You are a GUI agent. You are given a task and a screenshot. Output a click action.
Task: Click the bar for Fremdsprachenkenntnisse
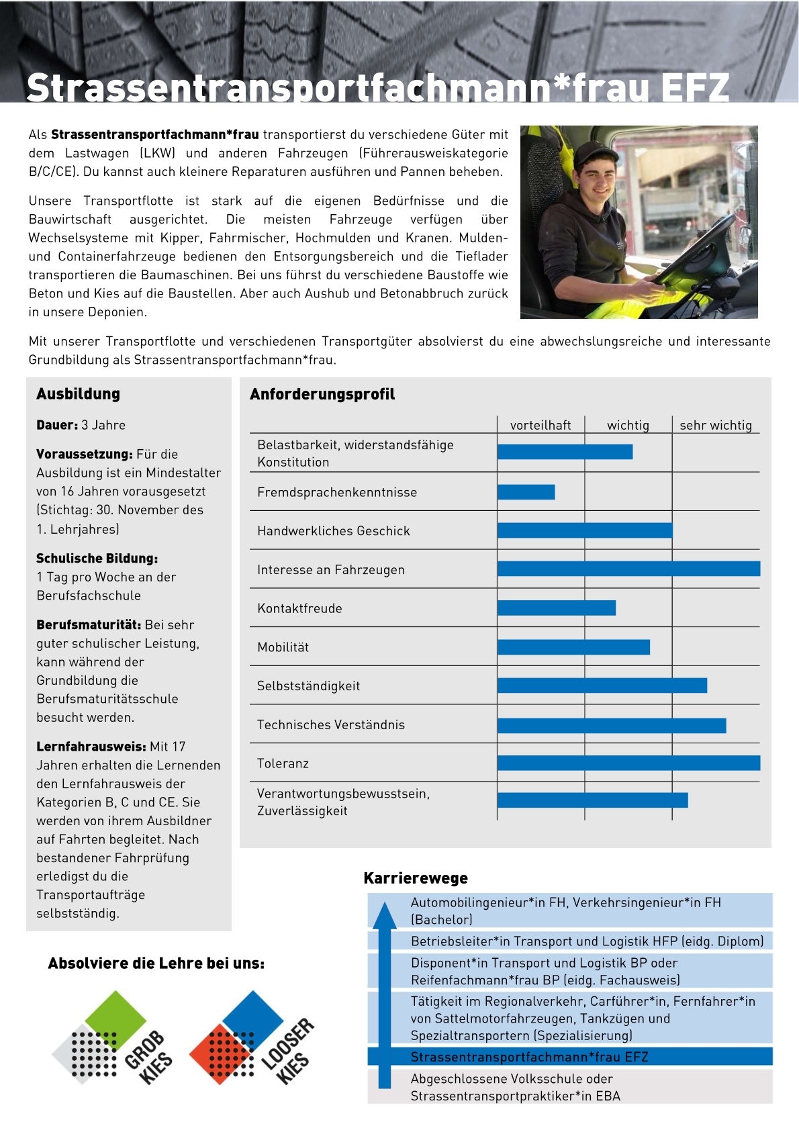coord(526,492)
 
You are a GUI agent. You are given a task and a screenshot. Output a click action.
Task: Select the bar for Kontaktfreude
coord(557,608)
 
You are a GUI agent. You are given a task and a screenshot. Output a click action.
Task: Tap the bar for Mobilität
coord(574,647)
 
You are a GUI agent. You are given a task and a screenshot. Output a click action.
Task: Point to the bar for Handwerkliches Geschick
coord(585,531)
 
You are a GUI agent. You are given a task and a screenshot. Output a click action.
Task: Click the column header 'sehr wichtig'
coord(716,425)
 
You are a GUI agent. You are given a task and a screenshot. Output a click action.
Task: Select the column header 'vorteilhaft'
coord(540,425)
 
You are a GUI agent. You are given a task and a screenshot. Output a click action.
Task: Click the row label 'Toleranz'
coord(283,763)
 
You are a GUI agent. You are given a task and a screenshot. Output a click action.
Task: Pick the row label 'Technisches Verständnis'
coord(331,725)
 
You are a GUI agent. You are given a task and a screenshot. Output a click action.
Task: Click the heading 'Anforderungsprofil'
coord(322,394)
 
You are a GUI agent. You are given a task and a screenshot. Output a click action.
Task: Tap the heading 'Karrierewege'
coord(416,878)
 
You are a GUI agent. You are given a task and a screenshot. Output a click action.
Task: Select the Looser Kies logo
coord(252,1037)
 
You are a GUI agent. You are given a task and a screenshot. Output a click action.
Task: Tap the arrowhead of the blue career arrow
coord(385,916)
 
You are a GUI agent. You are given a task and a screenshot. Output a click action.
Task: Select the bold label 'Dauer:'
coord(57,425)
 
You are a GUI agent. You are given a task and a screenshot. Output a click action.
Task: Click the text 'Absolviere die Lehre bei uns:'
coord(156,963)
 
